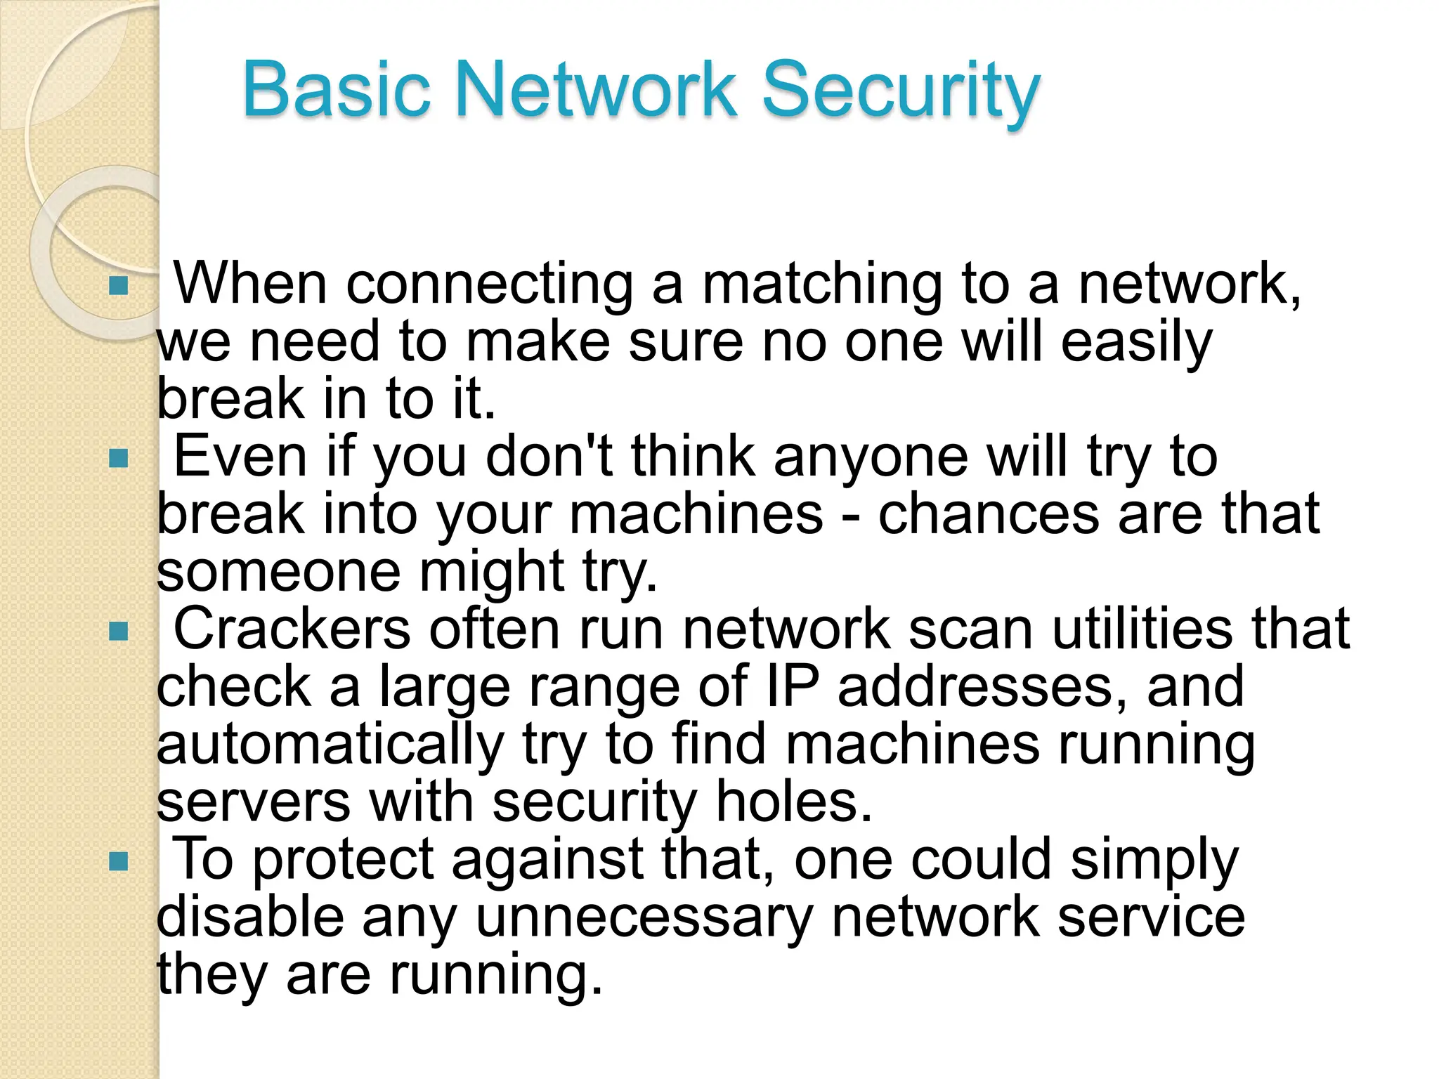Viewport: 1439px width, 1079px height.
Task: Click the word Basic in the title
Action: pos(336,90)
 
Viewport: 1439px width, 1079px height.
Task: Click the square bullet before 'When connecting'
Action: pos(119,285)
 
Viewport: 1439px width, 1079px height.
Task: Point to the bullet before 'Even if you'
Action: pos(119,459)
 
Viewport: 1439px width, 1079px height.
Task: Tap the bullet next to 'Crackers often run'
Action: pos(119,632)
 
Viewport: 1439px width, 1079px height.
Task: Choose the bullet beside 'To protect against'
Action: pos(119,862)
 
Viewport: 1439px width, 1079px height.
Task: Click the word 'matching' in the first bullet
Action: pos(822,285)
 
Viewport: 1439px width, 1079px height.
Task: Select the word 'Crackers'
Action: pos(292,629)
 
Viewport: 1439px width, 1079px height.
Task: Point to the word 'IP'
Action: pos(793,686)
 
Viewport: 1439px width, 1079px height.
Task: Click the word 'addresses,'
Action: pos(985,686)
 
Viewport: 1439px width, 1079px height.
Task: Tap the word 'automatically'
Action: pos(330,745)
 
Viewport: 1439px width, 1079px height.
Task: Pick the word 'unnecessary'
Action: pos(644,917)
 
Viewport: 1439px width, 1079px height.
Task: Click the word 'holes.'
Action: pos(794,802)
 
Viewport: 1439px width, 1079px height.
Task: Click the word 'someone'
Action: pos(278,572)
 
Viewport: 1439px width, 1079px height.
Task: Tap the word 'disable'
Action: pos(250,917)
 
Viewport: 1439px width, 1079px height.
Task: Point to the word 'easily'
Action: pos(1136,343)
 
